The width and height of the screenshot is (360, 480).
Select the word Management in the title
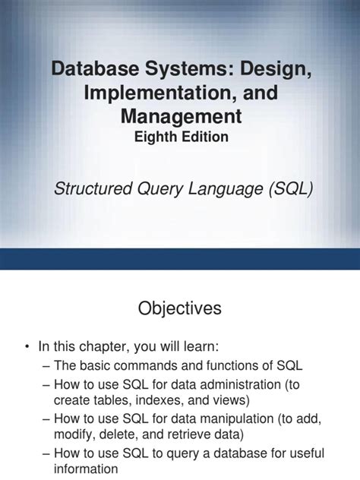point(180,117)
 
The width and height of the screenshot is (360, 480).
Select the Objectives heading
point(179,308)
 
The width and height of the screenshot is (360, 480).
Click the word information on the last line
point(86,469)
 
